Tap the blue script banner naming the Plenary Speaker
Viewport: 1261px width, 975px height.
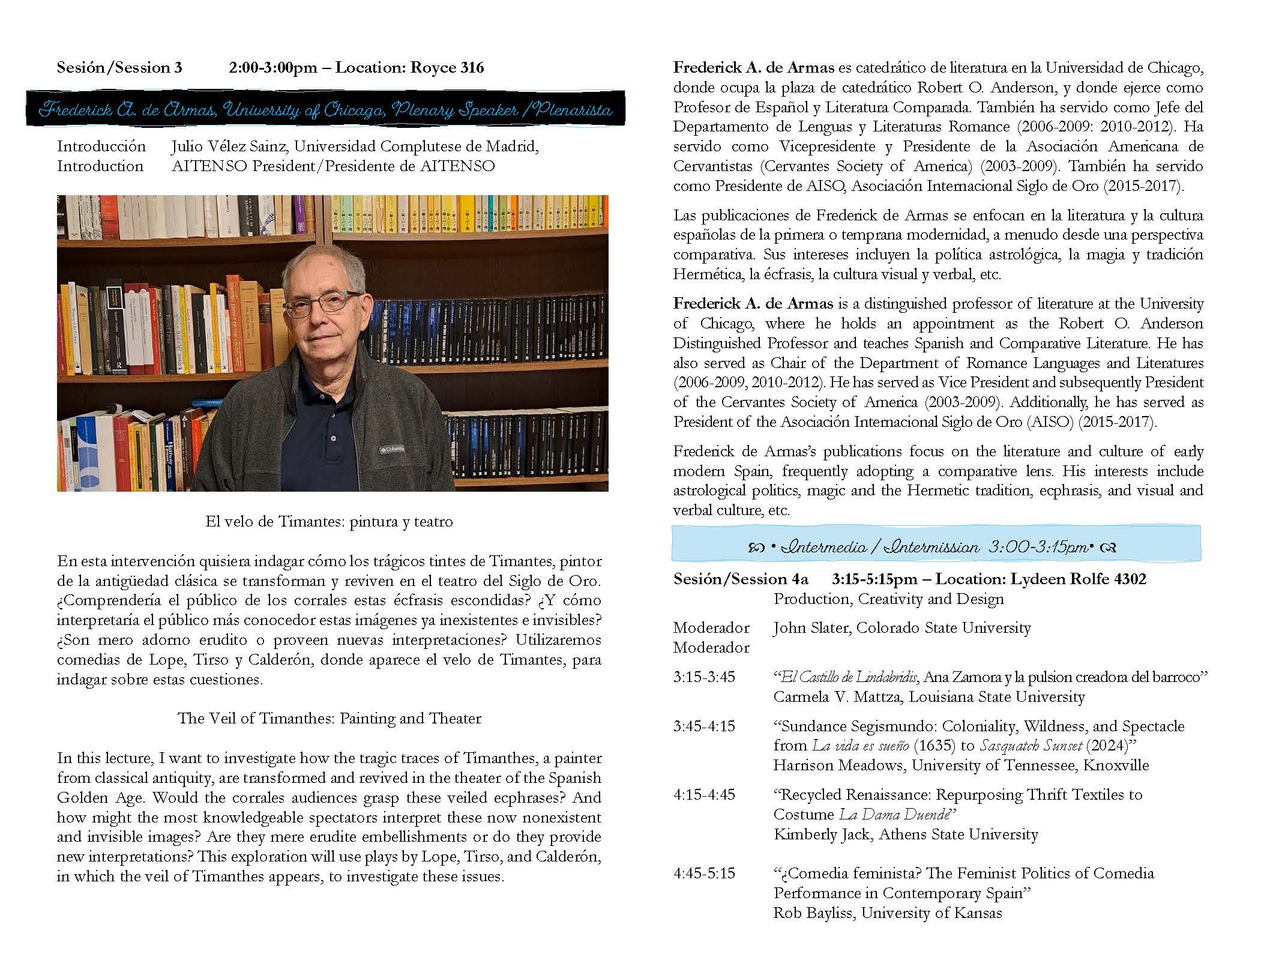[325, 110]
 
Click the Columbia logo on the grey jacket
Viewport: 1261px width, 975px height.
[391, 449]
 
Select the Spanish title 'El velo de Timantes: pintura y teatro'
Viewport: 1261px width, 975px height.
[329, 521]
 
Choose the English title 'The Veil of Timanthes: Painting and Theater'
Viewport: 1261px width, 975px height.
[329, 718]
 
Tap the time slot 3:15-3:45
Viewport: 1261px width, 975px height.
[704, 677]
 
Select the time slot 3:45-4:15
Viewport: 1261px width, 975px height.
[704, 726]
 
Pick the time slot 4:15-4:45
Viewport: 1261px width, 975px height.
[704, 794]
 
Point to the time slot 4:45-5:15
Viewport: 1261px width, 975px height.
[704, 873]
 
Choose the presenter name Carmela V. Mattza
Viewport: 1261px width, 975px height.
[835, 696]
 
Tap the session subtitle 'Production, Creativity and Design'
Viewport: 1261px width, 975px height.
[888, 599]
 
